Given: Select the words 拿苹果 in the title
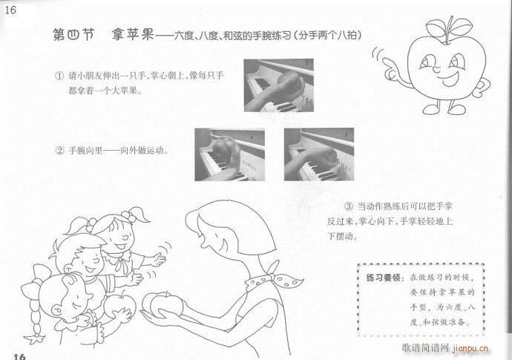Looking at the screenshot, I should pyautogui.click(x=128, y=35).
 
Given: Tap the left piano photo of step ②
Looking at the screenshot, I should pyautogui.click(x=230, y=154).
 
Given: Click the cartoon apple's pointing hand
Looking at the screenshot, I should pyautogui.click(x=379, y=57).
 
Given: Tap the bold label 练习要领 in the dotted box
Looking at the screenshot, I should pyautogui.click(x=384, y=278).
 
